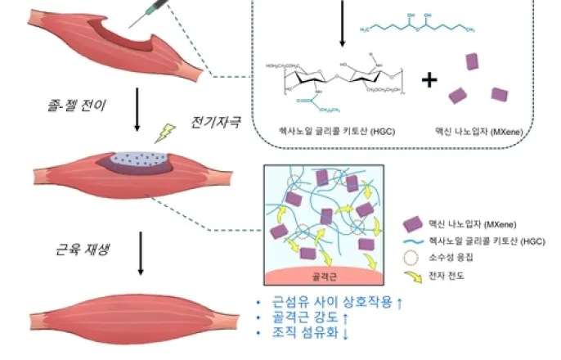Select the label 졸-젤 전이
point(74,106)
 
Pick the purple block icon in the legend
point(414,223)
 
